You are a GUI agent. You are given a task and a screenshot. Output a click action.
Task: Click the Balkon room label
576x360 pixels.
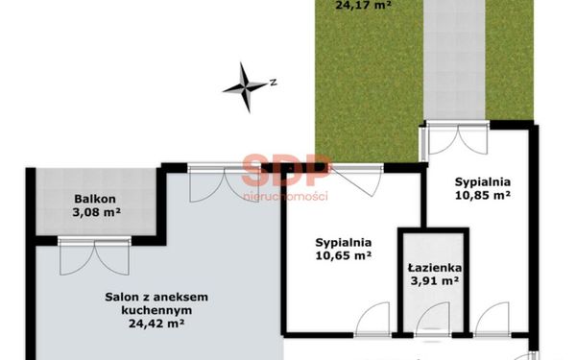[95, 199]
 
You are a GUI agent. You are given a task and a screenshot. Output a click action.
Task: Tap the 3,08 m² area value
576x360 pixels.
[97, 212]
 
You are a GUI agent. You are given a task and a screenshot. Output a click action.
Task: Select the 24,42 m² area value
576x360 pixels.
[156, 324]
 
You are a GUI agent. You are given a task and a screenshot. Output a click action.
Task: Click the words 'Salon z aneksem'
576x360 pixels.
[156, 297]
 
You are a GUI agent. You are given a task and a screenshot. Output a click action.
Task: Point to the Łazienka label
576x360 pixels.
[435, 268]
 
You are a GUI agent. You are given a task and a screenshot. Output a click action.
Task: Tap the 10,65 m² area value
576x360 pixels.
[343, 255]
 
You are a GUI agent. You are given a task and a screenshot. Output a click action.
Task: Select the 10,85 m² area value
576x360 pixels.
[483, 195]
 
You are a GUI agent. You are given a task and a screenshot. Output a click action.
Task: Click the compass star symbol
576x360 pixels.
[245, 87]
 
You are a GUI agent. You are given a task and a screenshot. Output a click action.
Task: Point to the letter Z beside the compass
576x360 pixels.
[273, 83]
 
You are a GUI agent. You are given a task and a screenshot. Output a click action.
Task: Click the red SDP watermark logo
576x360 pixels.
[286, 171]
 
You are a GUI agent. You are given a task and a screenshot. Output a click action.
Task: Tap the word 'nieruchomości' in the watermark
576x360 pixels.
[286, 196]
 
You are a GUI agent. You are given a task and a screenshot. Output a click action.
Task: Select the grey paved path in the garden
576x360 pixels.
[455, 60]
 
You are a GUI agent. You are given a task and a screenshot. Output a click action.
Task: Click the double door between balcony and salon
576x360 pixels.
[94, 255]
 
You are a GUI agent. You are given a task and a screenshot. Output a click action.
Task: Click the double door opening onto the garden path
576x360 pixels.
[459, 138]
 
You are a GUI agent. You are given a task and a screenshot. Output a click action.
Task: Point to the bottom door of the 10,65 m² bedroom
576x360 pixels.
[372, 319]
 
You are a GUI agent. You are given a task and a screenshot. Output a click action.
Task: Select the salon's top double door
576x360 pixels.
[226, 184]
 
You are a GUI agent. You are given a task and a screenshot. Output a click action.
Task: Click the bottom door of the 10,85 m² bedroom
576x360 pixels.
[492, 319]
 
